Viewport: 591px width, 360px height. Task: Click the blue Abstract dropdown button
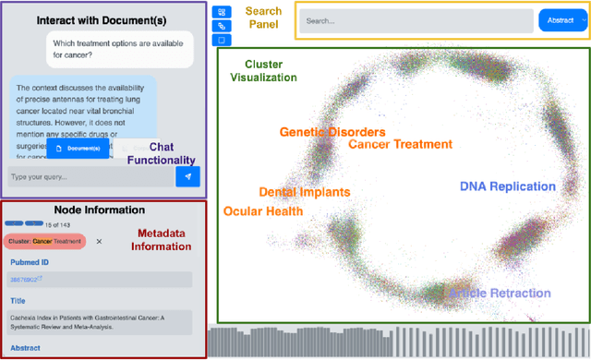pyautogui.click(x=561, y=20)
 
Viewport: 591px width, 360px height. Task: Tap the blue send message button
pyautogui.click(x=188, y=175)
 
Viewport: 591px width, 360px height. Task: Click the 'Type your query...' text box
pyautogui.click(x=88, y=175)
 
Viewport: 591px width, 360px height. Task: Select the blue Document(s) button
pyautogui.click(x=78, y=148)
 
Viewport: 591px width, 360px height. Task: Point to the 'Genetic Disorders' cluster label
pyautogui.click(x=329, y=133)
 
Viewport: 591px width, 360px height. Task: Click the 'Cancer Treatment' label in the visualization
pyautogui.click(x=400, y=144)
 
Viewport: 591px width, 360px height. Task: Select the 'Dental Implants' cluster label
pyautogui.click(x=304, y=192)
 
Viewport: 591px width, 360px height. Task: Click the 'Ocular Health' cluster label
pyautogui.click(x=263, y=211)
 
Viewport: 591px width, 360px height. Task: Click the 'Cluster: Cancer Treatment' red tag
pyautogui.click(x=45, y=241)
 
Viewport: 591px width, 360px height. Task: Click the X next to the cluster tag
pyautogui.click(x=100, y=241)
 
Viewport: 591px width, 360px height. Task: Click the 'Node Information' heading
pyautogui.click(x=99, y=210)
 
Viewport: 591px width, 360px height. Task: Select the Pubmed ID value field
pyautogui.click(x=102, y=279)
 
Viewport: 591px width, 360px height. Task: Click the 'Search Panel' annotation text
pyautogui.click(x=263, y=18)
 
